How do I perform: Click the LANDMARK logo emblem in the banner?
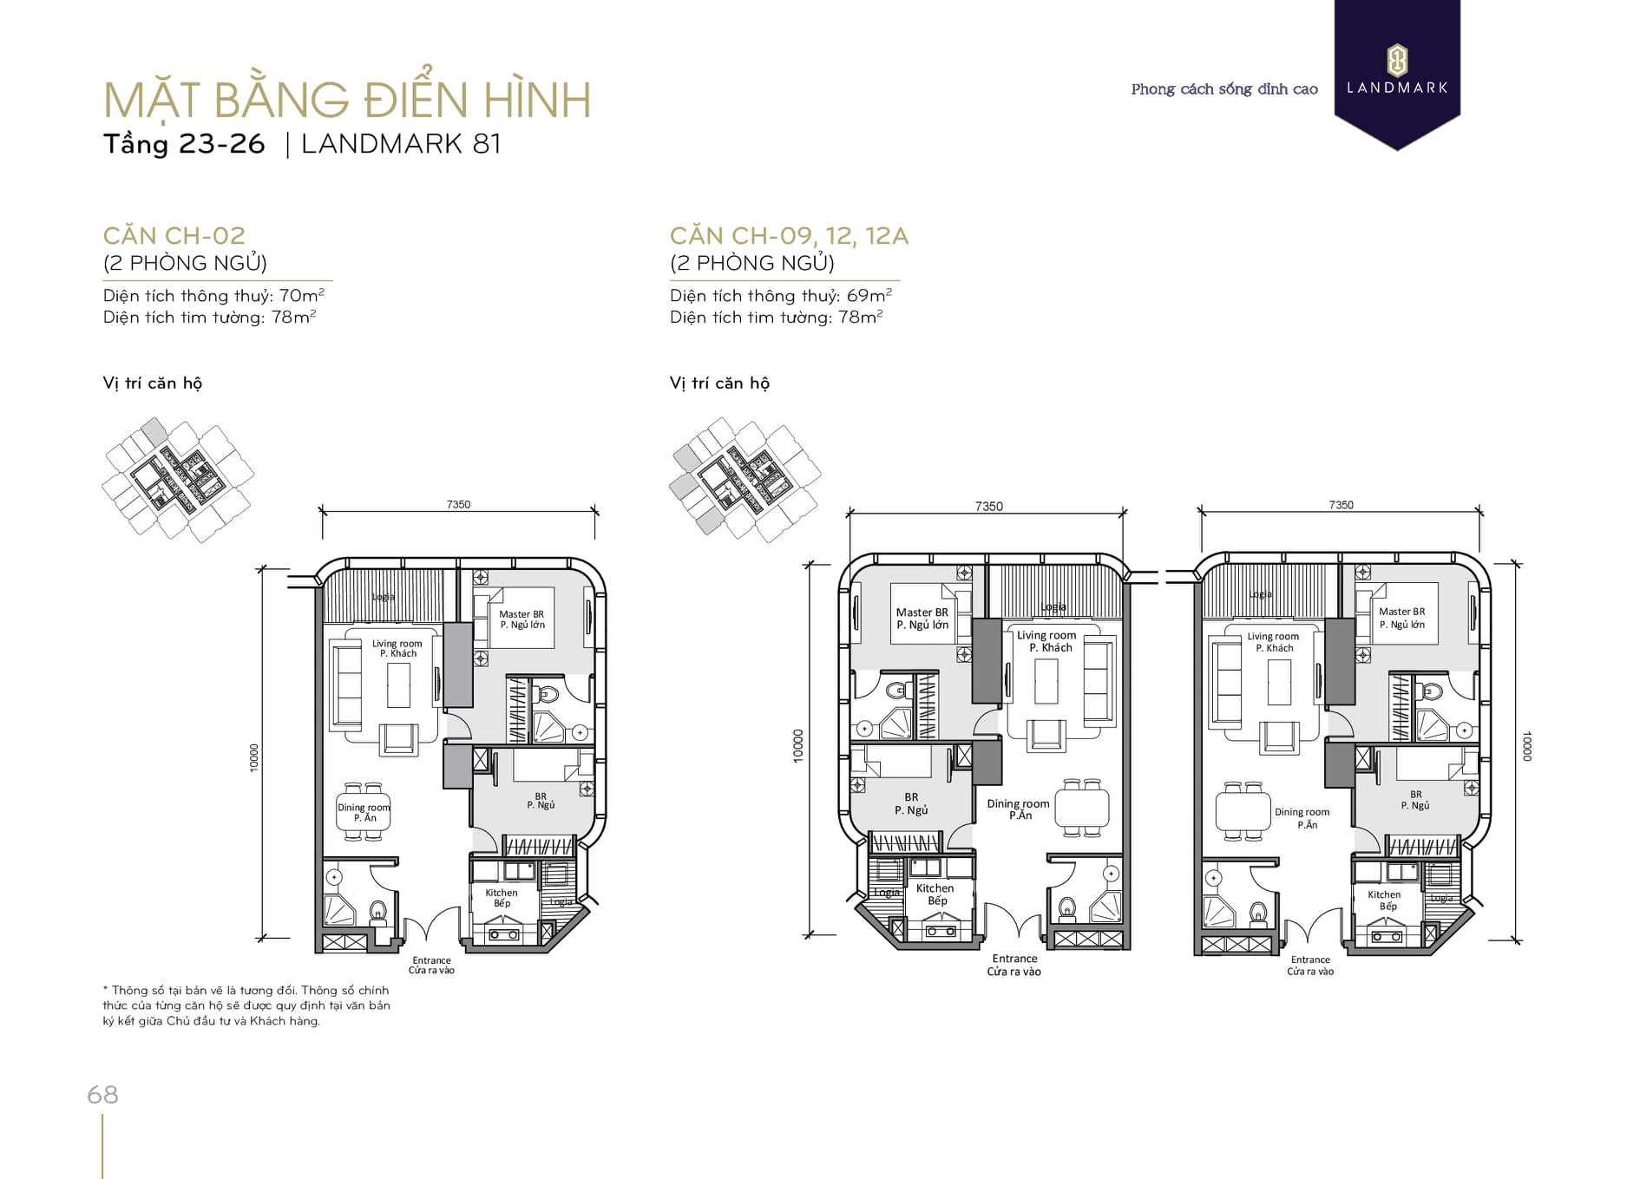tap(1397, 61)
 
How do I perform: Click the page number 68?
tap(102, 1095)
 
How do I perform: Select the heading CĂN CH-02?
tap(174, 235)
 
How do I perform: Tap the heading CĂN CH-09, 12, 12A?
tap(789, 235)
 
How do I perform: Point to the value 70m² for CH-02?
tap(302, 295)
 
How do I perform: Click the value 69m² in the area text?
tap(869, 295)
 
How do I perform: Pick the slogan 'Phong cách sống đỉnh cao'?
tap(1224, 88)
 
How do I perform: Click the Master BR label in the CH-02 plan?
tap(522, 614)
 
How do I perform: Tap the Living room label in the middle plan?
tap(1046, 635)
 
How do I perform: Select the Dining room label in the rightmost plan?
tap(1302, 812)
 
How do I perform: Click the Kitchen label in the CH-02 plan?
tap(502, 893)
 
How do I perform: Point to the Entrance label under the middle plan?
tap(1014, 959)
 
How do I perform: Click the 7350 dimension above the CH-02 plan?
tap(458, 504)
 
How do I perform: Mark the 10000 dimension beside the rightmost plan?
tap(1527, 746)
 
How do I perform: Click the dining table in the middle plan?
tap(1082, 808)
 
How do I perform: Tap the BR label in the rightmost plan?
tap(1416, 794)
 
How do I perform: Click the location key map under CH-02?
tap(178, 480)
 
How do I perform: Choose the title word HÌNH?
tap(537, 101)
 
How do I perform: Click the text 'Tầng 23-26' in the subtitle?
tap(184, 144)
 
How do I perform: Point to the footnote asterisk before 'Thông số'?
tap(105, 989)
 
